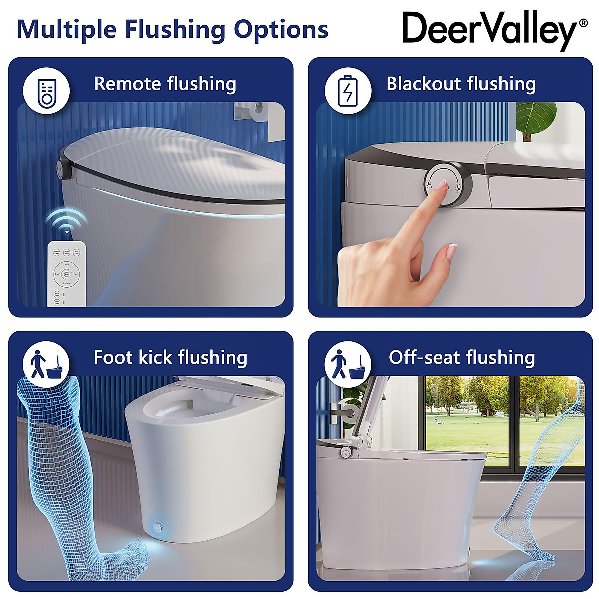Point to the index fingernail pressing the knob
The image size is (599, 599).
(441, 186)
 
